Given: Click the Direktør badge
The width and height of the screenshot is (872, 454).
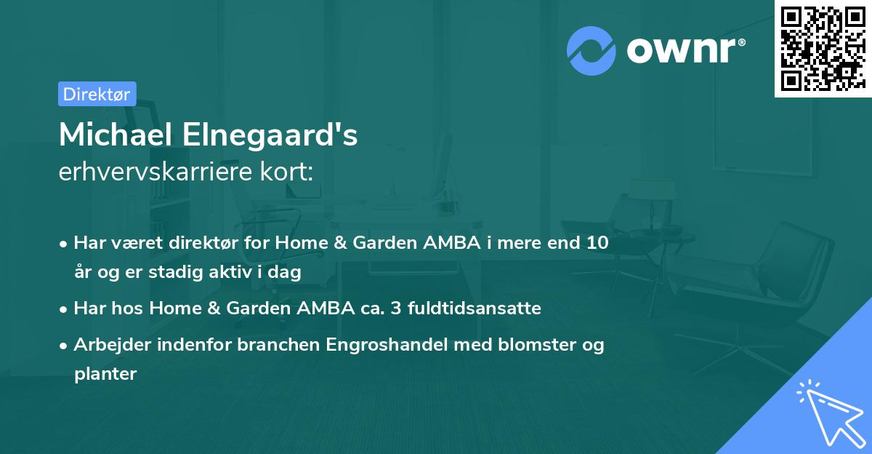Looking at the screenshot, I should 97,94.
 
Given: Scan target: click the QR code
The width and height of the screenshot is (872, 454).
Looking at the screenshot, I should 823,48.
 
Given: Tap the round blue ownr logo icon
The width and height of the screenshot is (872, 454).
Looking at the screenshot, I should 592,51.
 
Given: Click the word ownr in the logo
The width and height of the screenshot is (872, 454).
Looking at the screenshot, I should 685,51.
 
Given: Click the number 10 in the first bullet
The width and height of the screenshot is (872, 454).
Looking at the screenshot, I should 597,243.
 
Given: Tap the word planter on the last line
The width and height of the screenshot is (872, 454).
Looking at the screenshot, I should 105,374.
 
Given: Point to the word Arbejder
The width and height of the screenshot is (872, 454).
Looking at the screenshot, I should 108,345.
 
